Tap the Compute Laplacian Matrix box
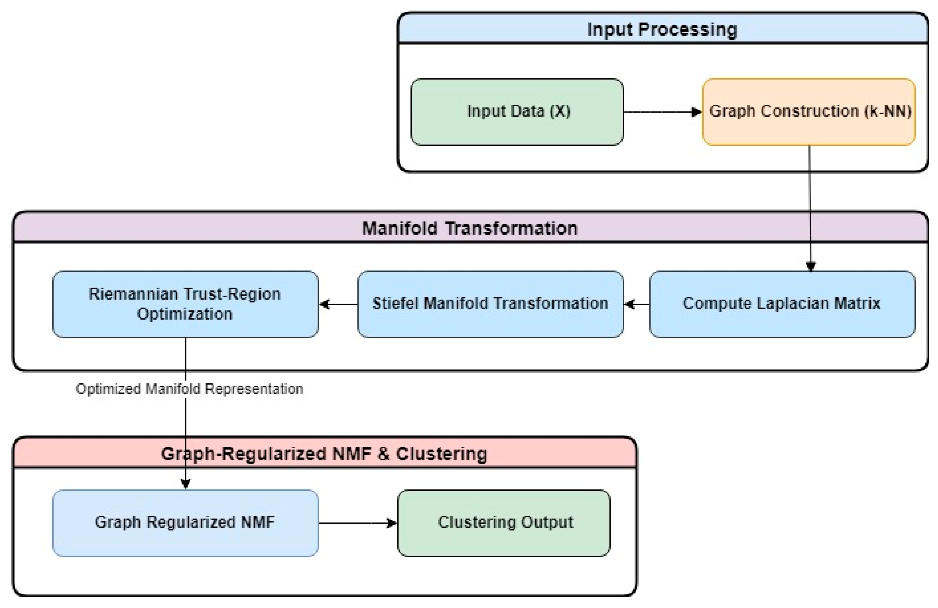(x=782, y=304)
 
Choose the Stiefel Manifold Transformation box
(x=490, y=304)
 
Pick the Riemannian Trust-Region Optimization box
(x=185, y=304)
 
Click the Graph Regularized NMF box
(x=185, y=522)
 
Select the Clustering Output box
(x=504, y=522)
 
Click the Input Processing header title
(x=662, y=30)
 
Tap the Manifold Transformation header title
(x=469, y=228)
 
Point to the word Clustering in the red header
(x=441, y=454)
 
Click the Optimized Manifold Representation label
(x=189, y=389)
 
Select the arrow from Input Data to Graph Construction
(x=662, y=112)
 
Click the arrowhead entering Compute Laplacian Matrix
(x=810, y=267)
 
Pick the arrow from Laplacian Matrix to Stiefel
(x=637, y=304)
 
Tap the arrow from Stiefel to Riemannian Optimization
(x=338, y=304)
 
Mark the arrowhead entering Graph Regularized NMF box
(x=185, y=483)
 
